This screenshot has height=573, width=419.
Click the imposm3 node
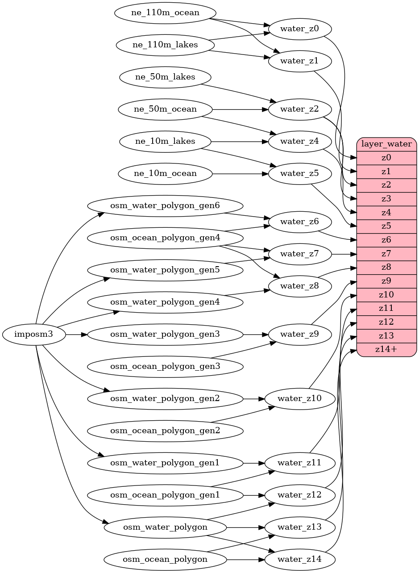click(34, 334)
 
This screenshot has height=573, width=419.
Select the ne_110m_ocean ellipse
click(165, 13)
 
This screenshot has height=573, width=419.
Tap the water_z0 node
click(299, 29)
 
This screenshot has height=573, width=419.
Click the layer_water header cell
click(386, 144)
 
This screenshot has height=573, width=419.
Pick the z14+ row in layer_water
click(386, 349)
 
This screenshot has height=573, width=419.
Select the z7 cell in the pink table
click(386, 254)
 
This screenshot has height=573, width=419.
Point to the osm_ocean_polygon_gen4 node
click(165, 238)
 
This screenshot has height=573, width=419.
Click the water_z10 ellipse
click(299, 398)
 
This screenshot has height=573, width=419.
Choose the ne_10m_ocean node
click(165, 173)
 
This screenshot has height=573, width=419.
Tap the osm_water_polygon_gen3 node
click(165, 334)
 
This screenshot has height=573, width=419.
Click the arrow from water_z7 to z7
click(344, 254)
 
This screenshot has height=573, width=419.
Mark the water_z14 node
click(299, 559)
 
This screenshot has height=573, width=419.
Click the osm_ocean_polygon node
click(165, 559)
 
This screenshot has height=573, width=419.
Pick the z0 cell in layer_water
click(386, 158)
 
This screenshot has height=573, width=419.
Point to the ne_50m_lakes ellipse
click(165, 77)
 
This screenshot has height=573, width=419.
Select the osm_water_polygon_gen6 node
click(165, 205)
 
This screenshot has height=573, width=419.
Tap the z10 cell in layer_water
click(386, 295)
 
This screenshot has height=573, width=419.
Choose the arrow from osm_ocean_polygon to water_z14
click(246, 559)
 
